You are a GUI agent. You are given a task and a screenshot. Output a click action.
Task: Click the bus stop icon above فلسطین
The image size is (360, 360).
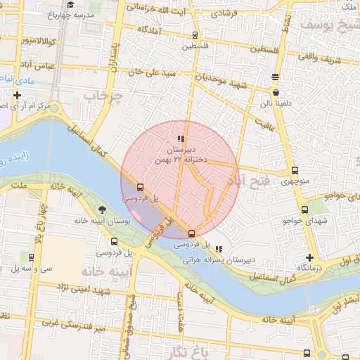195,34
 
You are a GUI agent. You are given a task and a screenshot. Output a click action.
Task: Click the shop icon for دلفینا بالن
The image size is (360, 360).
275,92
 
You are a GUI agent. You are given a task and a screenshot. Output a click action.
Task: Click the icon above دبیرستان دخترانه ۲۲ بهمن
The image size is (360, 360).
181,139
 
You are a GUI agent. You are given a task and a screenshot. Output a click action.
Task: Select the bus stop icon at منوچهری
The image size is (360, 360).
295,169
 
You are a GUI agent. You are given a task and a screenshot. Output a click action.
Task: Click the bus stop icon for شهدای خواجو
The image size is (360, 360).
304,209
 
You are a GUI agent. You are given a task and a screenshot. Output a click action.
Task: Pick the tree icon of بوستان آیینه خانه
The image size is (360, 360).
103,210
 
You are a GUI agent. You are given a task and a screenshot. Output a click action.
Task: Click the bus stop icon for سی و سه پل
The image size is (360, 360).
32,257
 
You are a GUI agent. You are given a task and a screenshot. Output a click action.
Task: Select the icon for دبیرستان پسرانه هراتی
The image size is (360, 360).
219,249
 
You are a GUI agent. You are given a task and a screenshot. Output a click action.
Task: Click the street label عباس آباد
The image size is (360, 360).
39,65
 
